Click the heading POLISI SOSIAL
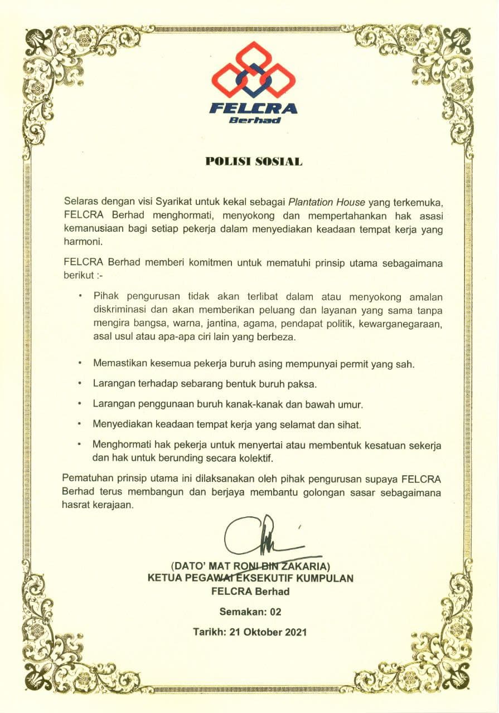(254, 162)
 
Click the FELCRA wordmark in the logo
(253, 108)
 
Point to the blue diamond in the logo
(253, 78)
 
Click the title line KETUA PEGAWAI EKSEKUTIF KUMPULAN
(250, 578)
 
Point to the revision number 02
(275, 612)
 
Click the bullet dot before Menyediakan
(81, 424)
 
